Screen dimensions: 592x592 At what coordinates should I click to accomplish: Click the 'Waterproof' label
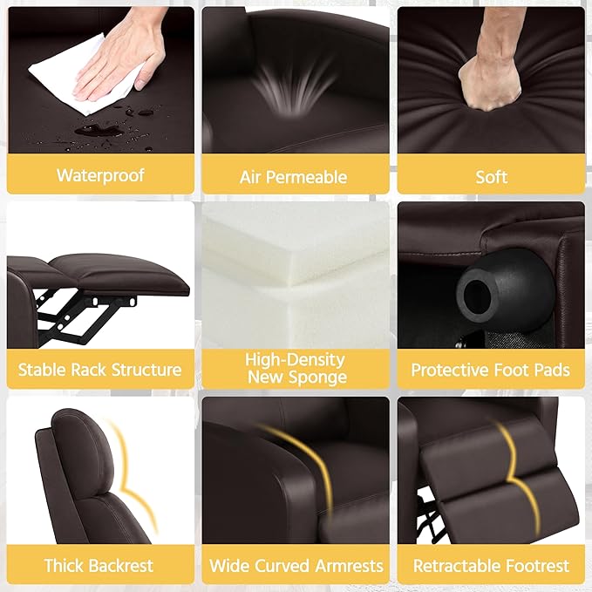tap(100, 175)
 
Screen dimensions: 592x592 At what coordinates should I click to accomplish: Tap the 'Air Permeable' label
tap(293, 177)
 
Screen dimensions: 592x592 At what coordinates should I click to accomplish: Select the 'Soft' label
tap(491, 177)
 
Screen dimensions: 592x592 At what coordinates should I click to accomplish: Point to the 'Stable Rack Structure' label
tap(100, 370)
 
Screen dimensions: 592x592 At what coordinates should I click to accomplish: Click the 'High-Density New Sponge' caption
tap(296, 368)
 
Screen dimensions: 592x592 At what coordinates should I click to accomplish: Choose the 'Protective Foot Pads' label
tap(491, 370)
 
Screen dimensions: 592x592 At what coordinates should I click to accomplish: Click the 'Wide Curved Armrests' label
tap(296, 566)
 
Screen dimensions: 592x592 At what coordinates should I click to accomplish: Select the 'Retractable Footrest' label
tap(491, 566)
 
